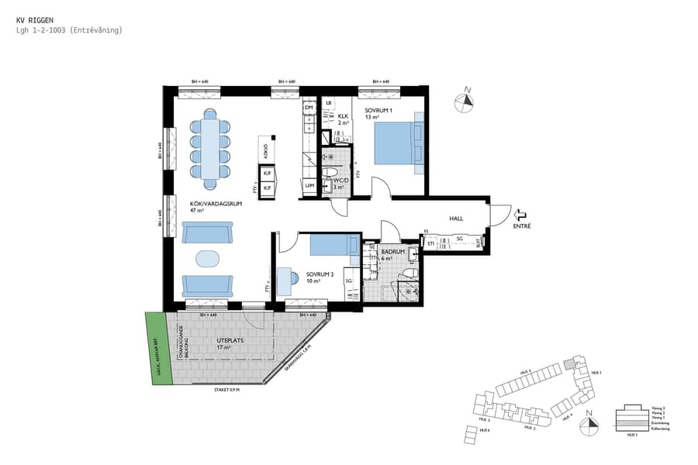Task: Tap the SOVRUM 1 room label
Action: (x=379, y=110)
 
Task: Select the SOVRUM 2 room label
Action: (x=319, y=274)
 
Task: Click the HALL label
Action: (x=456, y=219)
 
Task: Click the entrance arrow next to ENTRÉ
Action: (x=520, y=216)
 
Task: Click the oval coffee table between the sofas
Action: (x=207, y=257)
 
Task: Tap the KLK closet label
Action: (x=343, y=115)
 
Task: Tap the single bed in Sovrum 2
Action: (x=331, y=246)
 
